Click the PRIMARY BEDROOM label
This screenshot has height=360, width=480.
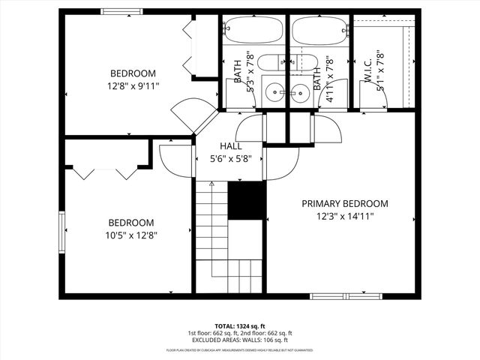[x=345, y=203]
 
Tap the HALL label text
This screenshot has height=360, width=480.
[x=230, y=146]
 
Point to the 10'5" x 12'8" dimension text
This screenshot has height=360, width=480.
[x=132, y=235]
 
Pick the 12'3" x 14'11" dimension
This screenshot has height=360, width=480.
[x=345, y=216]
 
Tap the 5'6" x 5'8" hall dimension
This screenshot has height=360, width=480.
[x=230, y=159]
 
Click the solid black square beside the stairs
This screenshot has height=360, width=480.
[x=247, y=200]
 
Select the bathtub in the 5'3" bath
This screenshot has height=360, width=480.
[x=253, y=32]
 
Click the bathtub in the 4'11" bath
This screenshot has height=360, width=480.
[x=319, y=32]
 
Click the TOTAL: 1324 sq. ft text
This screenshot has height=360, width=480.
[x=240, y=326]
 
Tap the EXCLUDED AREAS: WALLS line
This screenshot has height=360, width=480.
[x=240, y=340]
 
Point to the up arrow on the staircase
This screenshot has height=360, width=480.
[x=211, y=183]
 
